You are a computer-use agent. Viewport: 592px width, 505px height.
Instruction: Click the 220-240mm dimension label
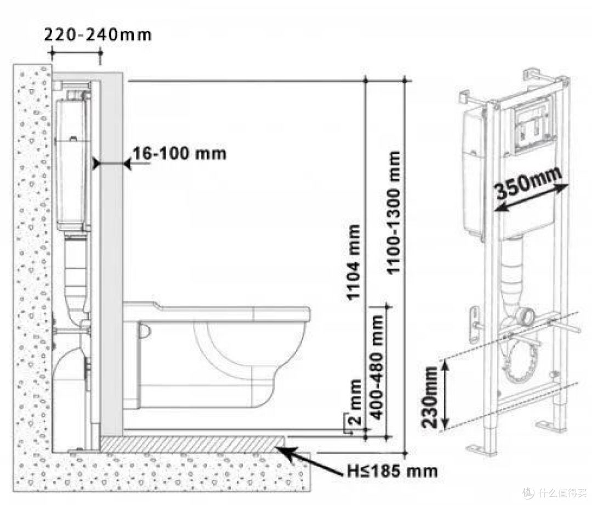[x=98, y=35]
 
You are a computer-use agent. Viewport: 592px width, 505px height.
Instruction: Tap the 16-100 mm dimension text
[x=179, y=154]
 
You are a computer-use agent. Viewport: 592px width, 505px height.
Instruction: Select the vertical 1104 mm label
[x=354, y=262]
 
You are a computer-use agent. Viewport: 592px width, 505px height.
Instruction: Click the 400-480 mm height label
[x=377, y=366]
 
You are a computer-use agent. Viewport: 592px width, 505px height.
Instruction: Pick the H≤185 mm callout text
[x=392, y=471]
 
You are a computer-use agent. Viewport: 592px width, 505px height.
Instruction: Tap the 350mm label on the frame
[x=528, y=183]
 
